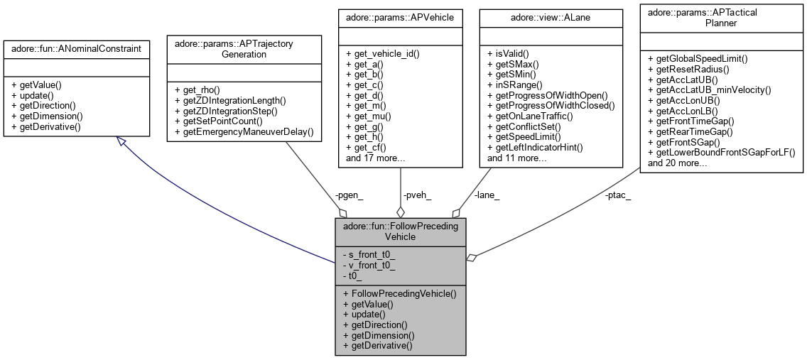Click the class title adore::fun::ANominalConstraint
pyautogui.click(x=76, y=48)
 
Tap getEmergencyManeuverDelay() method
pyautogui.click(x=244, y=133)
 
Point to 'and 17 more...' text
pyautogui.click(x=375, y=158)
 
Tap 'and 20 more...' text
pyautogui.click(x=678, y=163)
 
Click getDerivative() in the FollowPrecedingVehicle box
pyautogui.click(x=377, y=346)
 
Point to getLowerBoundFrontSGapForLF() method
pyautogui.click(x=721, y=152)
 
